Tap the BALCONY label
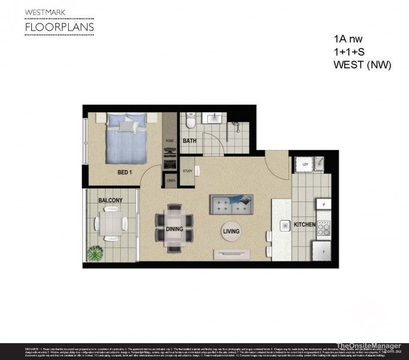pos(111,200)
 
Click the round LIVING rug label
pos(231,231)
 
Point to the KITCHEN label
pos(304,225)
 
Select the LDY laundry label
pos(305,164)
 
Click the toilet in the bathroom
pos(190,122)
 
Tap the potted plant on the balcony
pos(95,254)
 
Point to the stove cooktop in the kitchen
pos(324,227)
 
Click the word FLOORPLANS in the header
pos(59,28)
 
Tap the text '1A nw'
pos(348,39)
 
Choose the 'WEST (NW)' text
pos(362,65)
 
